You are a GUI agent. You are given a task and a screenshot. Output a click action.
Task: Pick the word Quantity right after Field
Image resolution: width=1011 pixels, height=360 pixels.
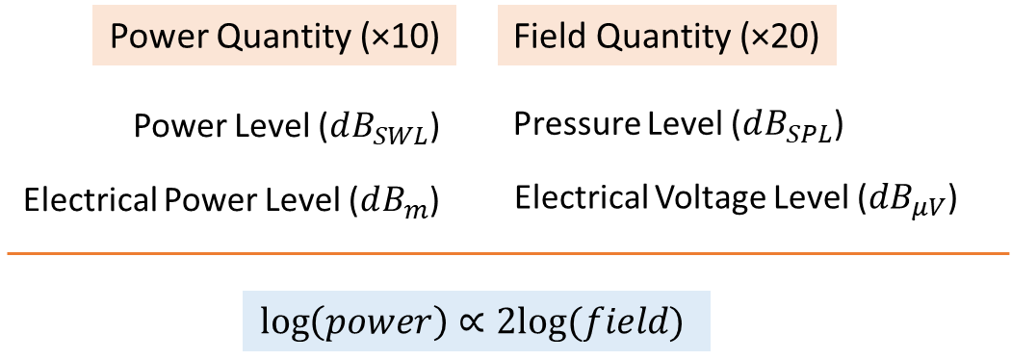657,38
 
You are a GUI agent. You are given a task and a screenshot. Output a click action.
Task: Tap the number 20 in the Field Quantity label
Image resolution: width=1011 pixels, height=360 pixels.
790,38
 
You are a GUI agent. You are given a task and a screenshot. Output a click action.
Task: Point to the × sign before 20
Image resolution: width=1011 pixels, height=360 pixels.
762,39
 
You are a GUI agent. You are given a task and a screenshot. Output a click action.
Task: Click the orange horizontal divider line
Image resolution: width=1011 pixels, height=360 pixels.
505,253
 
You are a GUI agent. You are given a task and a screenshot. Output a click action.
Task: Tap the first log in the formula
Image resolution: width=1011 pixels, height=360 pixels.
281,321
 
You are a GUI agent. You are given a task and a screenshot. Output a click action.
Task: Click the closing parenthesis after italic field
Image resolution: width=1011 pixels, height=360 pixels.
676,321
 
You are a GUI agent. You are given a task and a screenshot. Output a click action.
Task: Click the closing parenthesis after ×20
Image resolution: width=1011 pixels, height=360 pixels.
813,39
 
